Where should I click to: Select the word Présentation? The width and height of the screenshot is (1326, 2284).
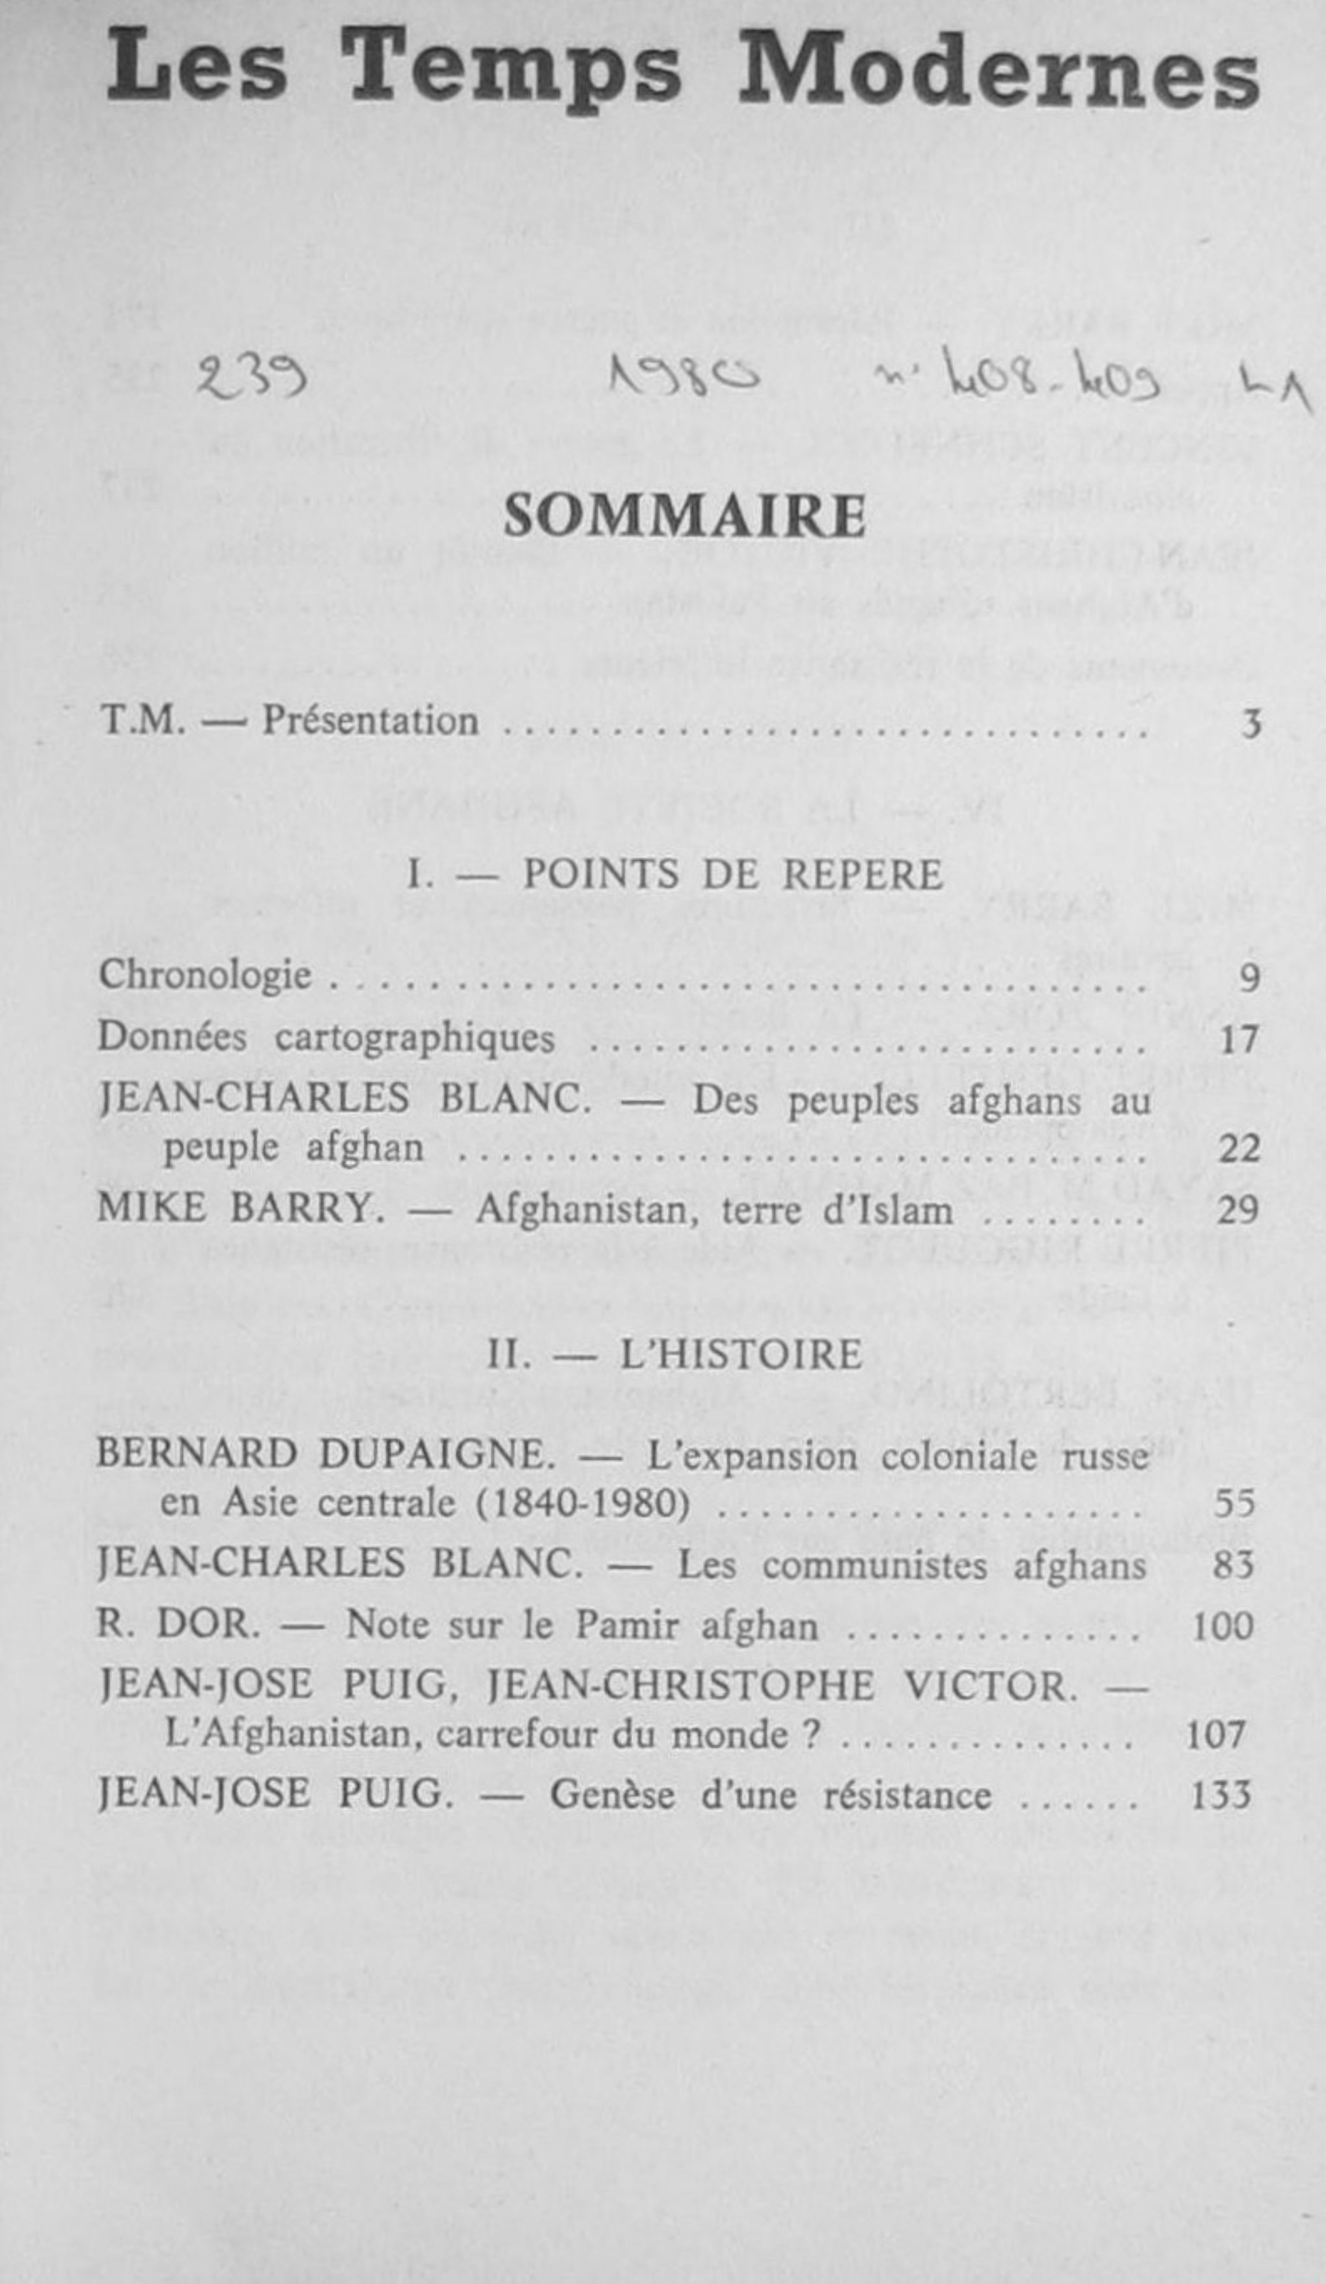click(370, 721)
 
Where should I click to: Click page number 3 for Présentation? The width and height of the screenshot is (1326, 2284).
click(1250, 724)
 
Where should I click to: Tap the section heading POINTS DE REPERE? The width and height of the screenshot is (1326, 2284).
click(732, 874)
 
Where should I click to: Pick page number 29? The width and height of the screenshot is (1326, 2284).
click(1238, 1211)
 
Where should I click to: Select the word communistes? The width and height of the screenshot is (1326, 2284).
click(874, 1565)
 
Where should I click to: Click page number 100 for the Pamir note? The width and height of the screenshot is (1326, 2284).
click(1222, 1626)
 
